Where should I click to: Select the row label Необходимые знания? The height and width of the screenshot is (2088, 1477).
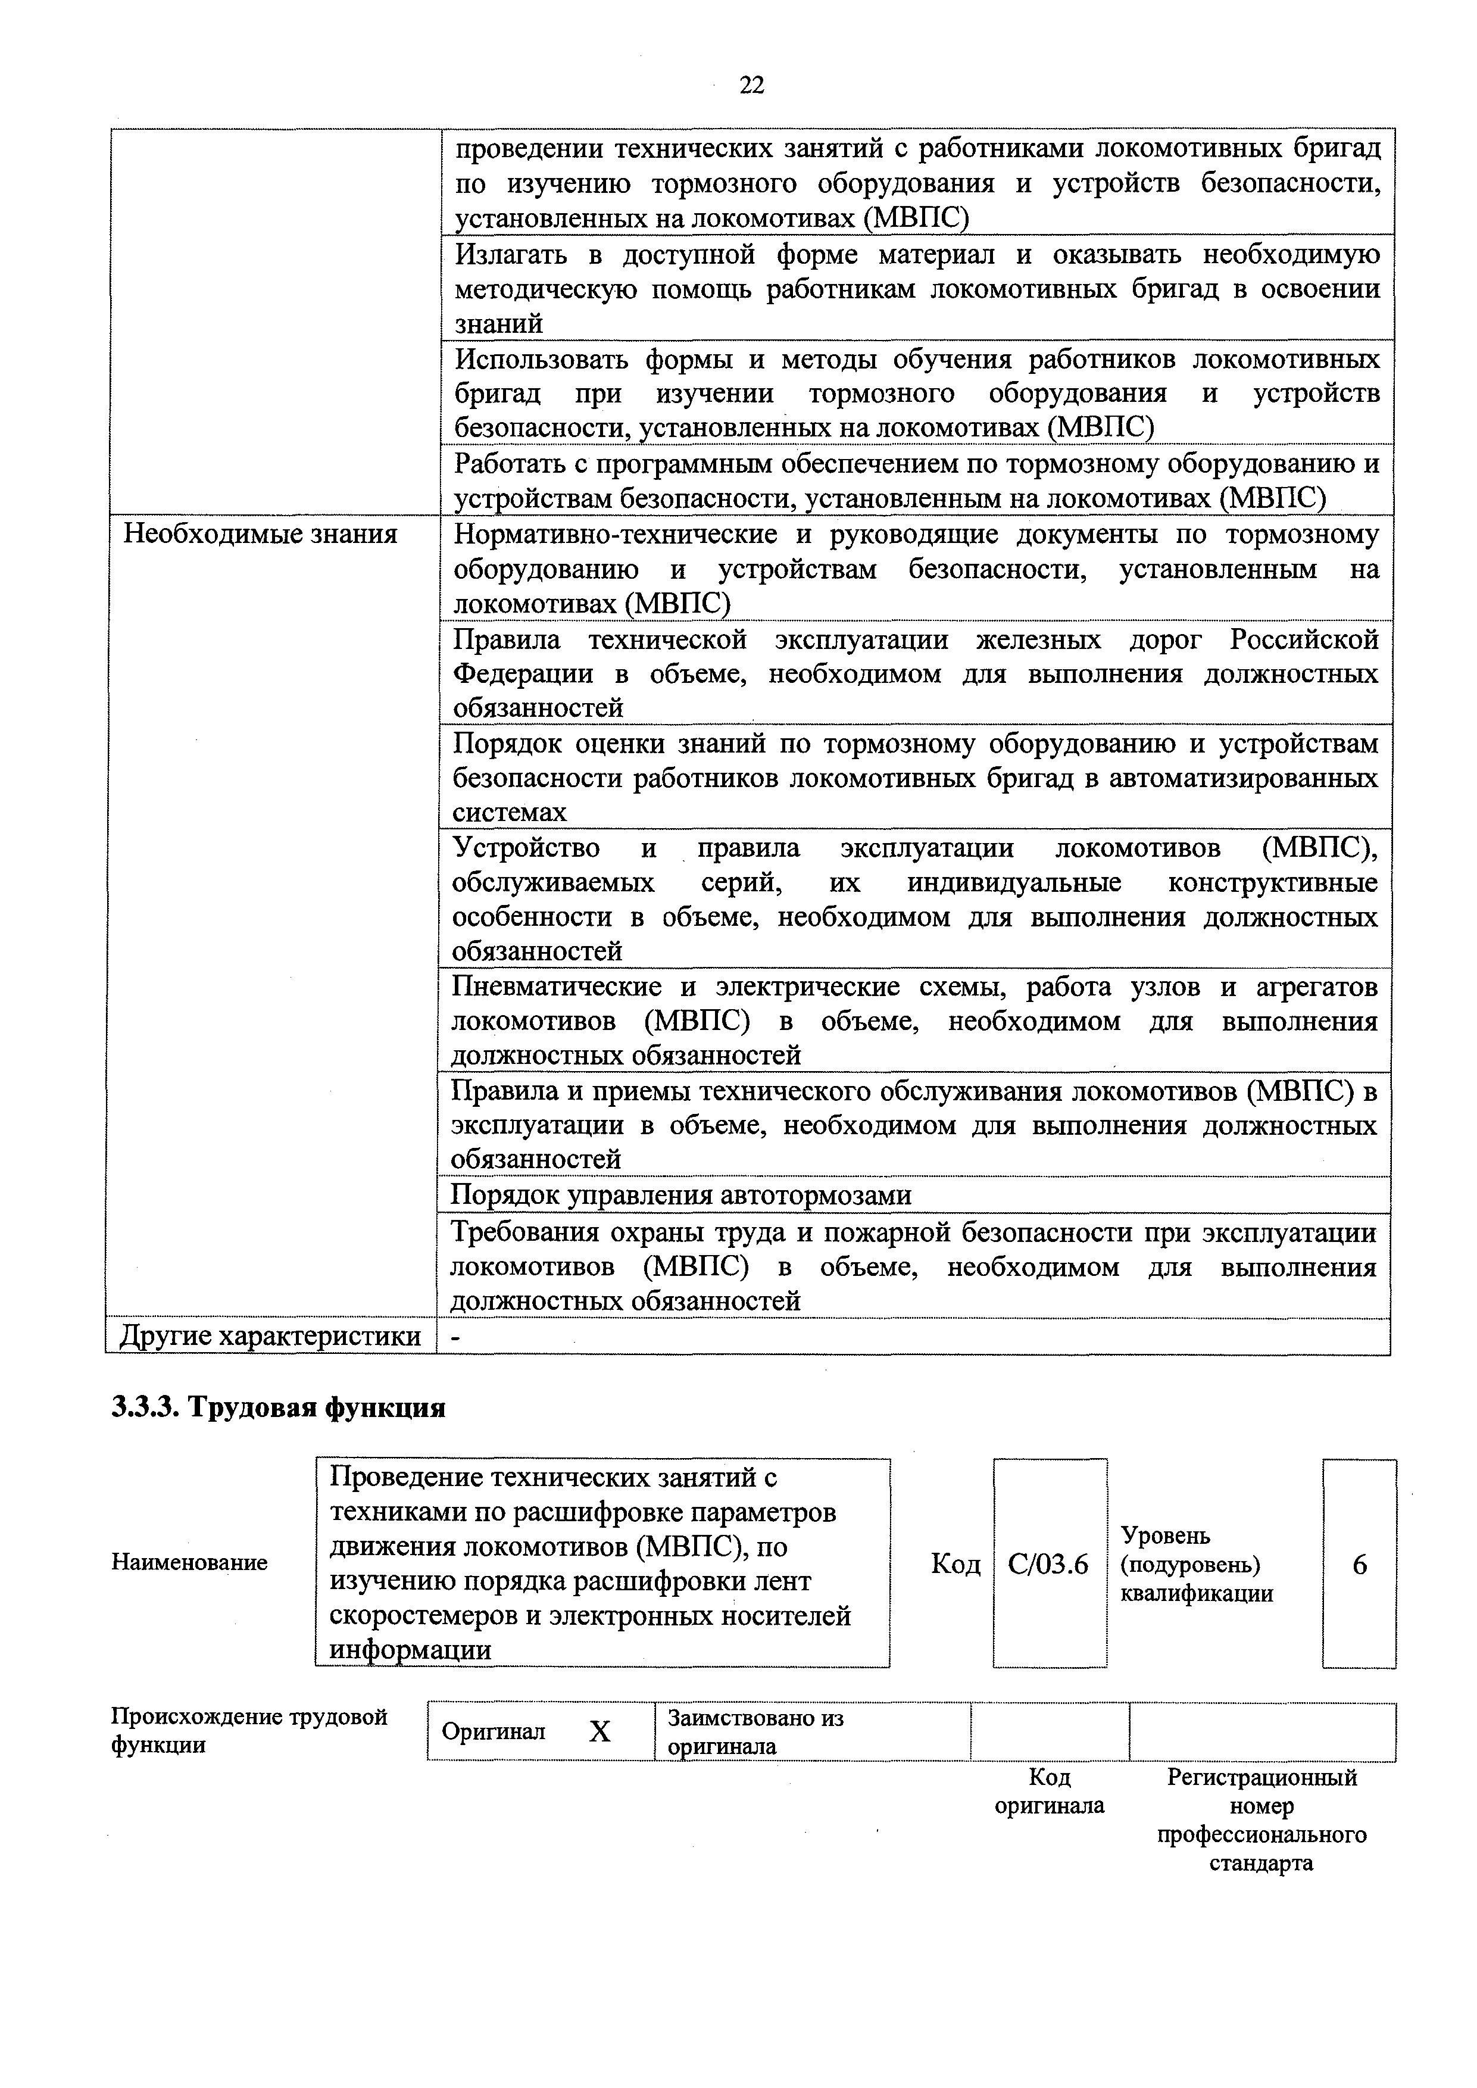click(260, 534)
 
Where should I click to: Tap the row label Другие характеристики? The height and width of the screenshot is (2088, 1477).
click(270, 1336)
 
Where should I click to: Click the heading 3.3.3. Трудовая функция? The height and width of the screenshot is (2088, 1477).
click(278, 1407)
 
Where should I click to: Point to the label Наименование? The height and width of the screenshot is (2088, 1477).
click(189, 1562)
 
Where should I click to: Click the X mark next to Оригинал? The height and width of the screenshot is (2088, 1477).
click(599, 1731)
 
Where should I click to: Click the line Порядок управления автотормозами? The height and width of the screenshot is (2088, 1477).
click(680, 1194)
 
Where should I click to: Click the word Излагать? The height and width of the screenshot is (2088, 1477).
click(516, 255)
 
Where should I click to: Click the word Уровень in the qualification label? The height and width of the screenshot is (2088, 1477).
click(1165, 1535)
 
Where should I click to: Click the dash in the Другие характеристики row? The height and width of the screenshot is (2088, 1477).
click(455, 1337)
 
